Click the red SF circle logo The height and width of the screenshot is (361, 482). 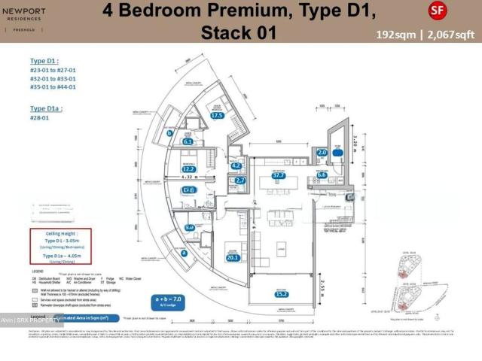click(436, 11)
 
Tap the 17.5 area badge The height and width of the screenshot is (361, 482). click(218, 116)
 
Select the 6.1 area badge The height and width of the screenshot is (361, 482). click(188, 141)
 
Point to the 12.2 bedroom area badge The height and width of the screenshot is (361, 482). click(189, 169)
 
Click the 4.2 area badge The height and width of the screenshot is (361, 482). click(236, 166)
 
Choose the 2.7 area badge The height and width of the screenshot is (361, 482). click(240, 180)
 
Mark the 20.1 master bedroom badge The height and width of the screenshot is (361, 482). click(232, 259)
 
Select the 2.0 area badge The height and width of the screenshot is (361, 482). click(322, 153)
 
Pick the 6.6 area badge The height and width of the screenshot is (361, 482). click(322, 174)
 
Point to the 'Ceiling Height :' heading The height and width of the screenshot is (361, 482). click(59, 235)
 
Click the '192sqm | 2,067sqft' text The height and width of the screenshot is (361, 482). click(426, 35)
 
